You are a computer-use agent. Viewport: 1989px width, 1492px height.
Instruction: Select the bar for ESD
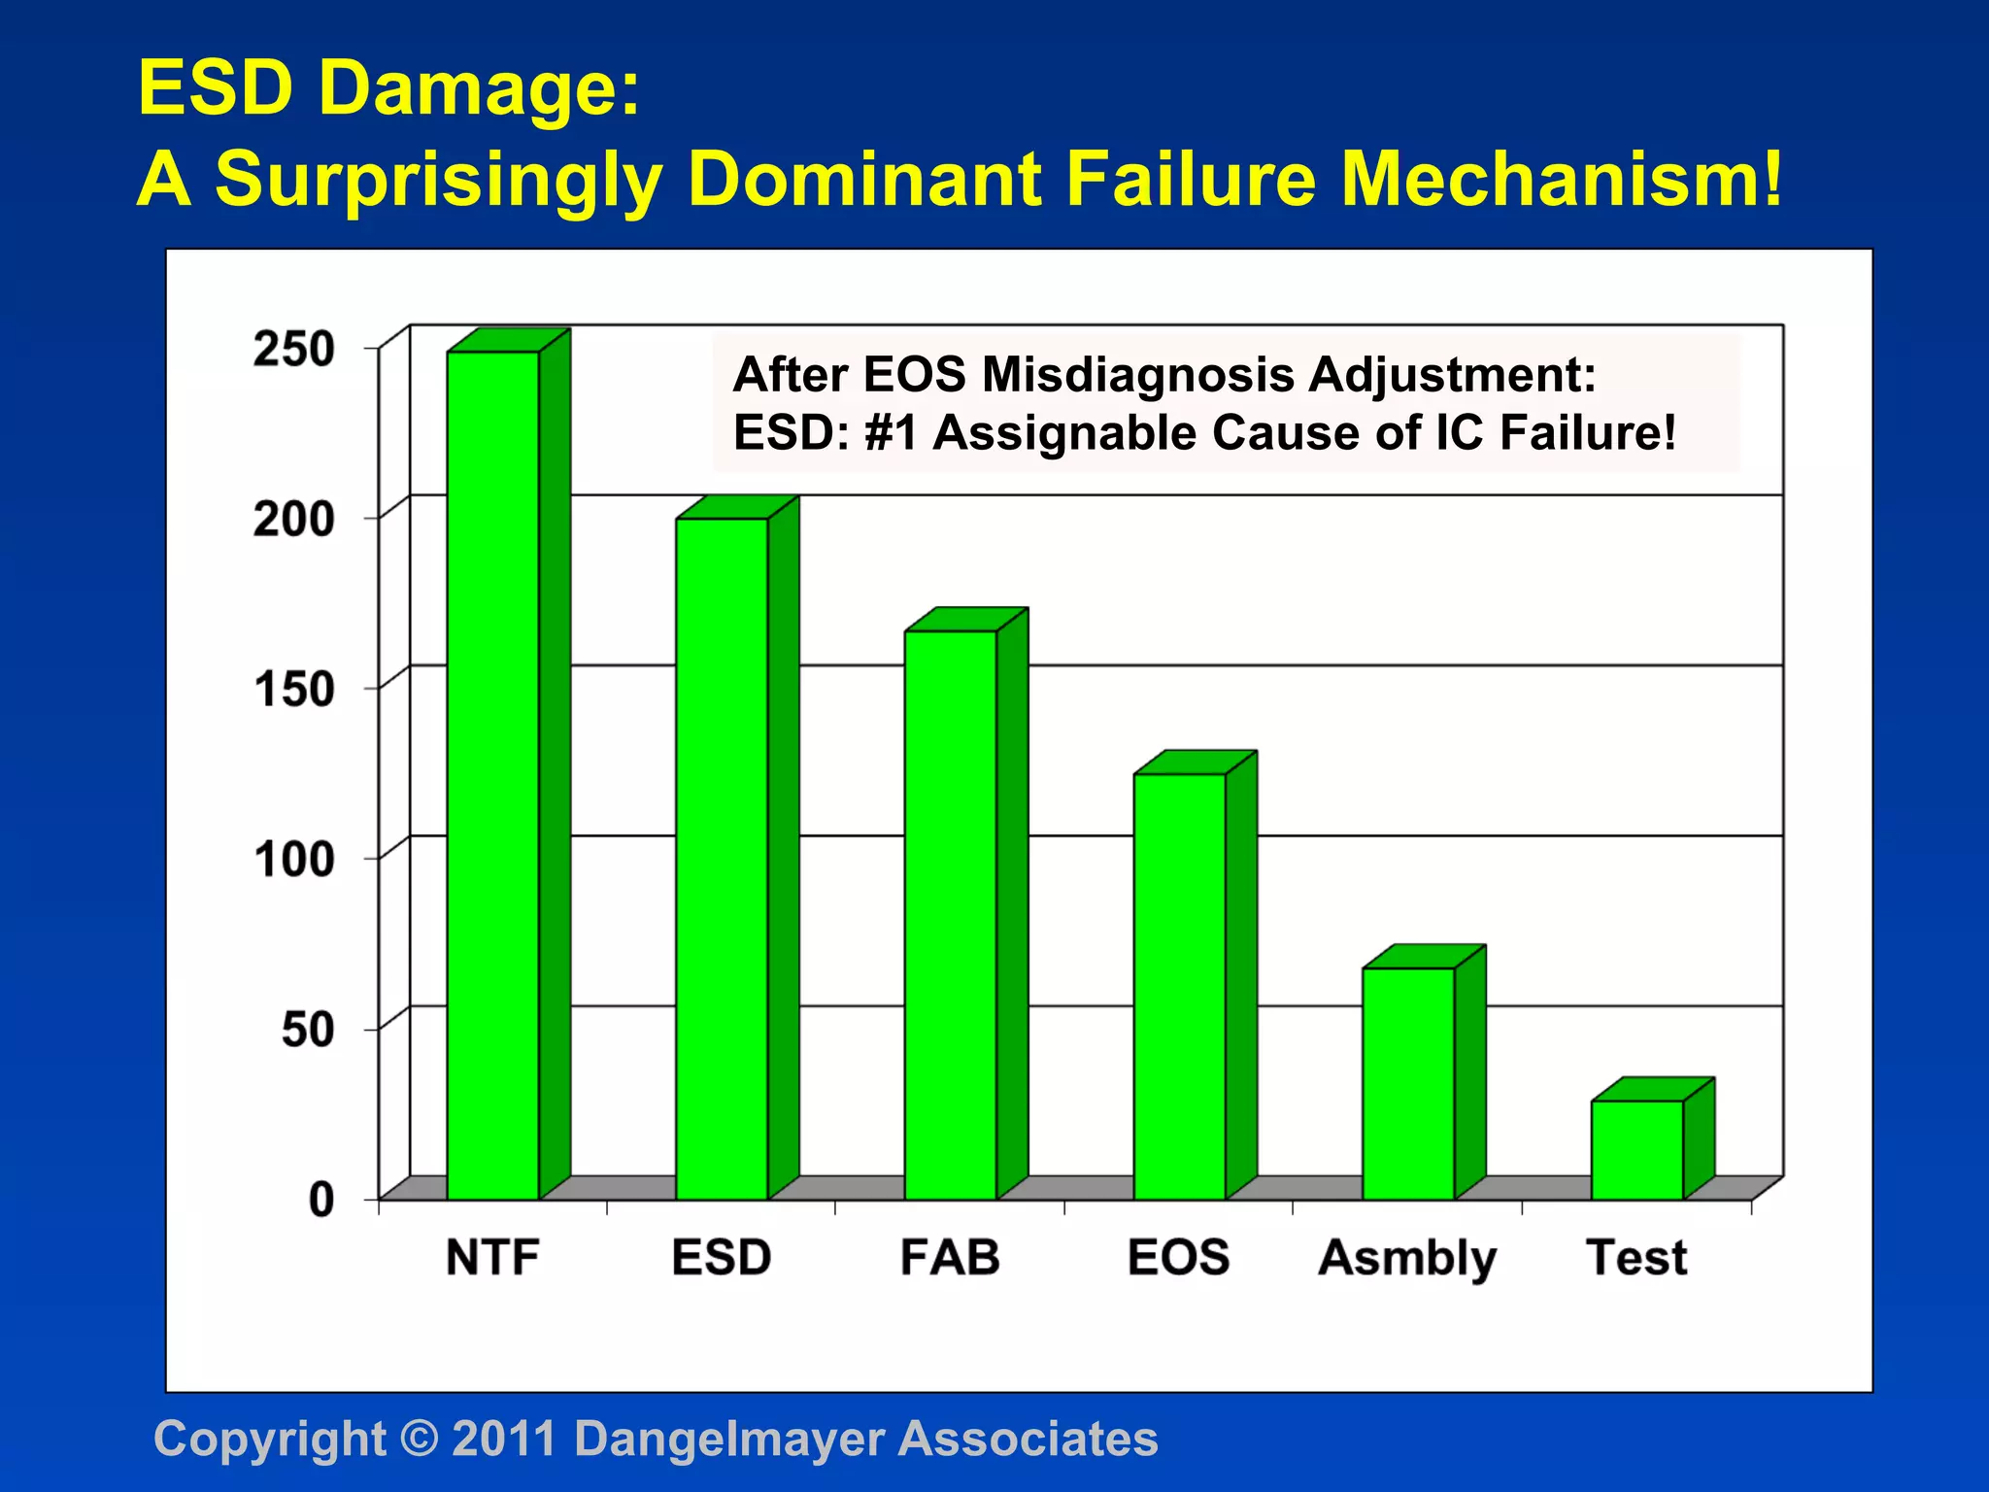coord(722,859)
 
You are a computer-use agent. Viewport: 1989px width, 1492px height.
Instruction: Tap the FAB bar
coord(951,915)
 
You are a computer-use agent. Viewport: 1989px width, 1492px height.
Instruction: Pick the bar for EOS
coord(1179,986)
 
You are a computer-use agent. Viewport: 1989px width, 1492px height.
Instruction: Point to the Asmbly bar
coord(1408,1083)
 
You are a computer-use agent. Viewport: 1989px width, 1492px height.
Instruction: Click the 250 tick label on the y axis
coord(294,349)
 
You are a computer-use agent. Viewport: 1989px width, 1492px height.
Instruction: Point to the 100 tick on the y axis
coord(294,860)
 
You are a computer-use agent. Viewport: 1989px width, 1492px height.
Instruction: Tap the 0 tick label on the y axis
coord(321,1201)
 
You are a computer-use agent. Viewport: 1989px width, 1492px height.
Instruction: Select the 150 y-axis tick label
coord(294,690)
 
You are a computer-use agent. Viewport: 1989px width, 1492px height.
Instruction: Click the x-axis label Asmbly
coord(1407,1259)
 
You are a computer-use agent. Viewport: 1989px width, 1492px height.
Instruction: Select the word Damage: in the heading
coord(479,87)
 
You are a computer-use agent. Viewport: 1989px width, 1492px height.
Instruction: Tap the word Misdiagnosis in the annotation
coord(1138,375)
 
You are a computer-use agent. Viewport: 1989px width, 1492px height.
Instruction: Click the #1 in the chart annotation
coord(891,433)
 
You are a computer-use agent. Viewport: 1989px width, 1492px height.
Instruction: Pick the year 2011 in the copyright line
coord(504,1439)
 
